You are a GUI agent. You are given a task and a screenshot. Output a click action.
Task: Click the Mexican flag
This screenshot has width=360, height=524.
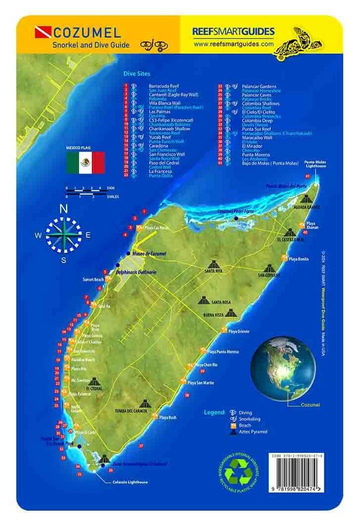(85, 162)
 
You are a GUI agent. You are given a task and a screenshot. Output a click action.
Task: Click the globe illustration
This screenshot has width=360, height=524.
(283, 367)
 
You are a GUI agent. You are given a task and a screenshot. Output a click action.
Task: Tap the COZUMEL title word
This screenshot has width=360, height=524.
(86, 34)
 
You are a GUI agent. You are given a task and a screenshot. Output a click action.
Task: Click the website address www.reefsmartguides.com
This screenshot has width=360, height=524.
(234, 43)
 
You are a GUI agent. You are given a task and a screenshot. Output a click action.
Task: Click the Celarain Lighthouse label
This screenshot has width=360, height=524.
(130, 482)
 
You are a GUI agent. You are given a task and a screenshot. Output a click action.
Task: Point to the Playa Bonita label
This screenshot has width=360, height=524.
(299, 259)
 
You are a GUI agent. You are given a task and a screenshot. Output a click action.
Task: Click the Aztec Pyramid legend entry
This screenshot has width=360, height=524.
(253, 432)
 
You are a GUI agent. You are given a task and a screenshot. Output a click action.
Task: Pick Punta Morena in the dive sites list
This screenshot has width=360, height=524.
(254, 154)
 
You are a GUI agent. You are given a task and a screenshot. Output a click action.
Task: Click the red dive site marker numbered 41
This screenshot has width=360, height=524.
(308, 176)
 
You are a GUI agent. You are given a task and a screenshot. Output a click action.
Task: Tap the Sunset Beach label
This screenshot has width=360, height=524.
(93, 279)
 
